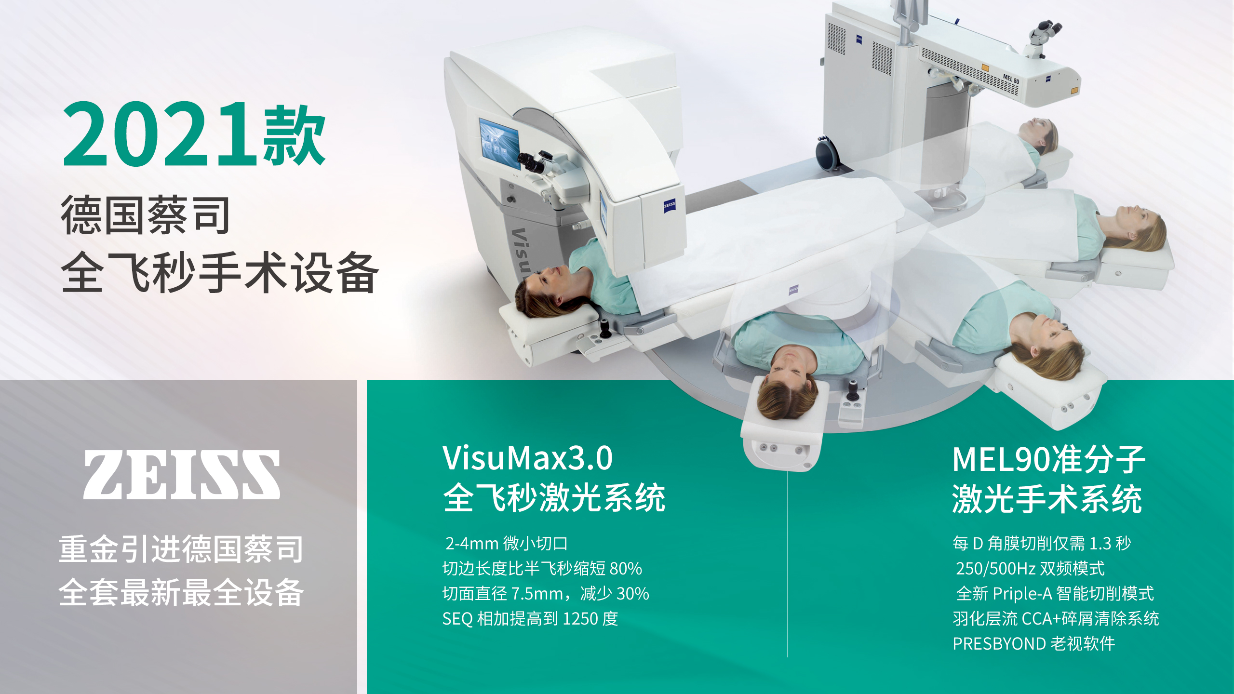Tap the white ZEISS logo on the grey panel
[182, 475]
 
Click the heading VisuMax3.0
[528, 458]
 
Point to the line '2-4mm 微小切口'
[507, 544]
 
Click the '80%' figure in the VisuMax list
[626, 569]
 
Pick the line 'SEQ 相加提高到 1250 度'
[530, 619]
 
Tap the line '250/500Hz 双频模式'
[1030, 569]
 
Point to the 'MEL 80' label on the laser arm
[1011, 79]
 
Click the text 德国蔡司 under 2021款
[145, 215]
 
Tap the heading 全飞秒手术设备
[220, 272]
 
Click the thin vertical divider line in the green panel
[788, 564]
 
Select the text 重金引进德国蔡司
[181, 549]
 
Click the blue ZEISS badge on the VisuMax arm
[669, 205]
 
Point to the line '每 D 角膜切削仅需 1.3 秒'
[1042, 544]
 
